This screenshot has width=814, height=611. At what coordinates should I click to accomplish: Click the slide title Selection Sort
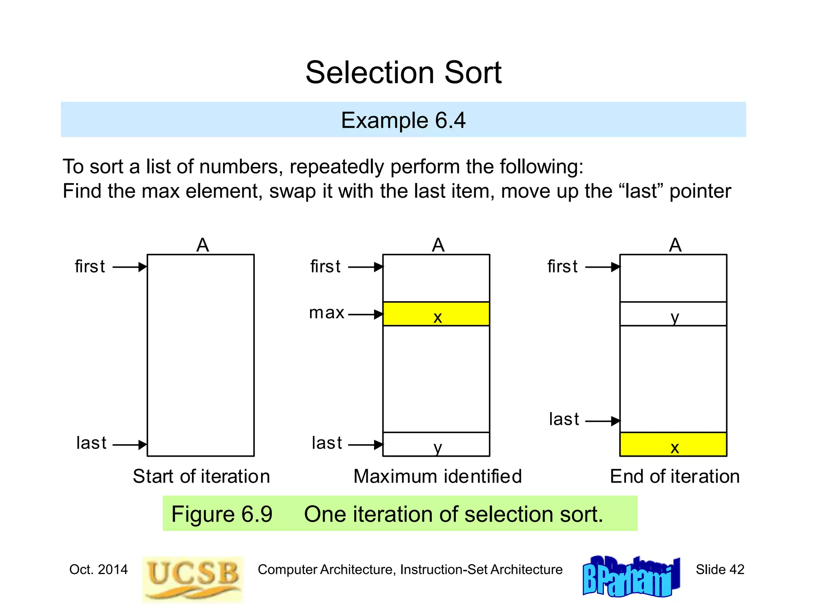(403, 73)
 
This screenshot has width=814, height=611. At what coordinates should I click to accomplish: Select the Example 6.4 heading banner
(403, 120)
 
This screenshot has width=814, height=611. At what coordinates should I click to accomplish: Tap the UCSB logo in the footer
(193, 578)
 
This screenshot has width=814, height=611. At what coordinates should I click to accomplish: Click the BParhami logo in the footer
(631, 576)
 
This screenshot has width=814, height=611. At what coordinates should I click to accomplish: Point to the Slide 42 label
(719, 570)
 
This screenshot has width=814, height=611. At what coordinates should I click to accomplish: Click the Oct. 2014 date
(99, 570)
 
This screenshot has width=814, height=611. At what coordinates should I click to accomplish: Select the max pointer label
(326, 313)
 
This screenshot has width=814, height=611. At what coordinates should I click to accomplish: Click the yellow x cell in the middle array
(436, 314)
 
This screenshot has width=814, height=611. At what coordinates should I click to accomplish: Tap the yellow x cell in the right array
(673, 444)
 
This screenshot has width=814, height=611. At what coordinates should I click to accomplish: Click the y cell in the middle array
(436, 444)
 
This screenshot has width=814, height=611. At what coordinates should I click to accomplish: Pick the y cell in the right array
(673, 314)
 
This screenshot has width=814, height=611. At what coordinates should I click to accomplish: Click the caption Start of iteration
(201, 476)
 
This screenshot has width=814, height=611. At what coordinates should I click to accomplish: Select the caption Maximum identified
(437, 476)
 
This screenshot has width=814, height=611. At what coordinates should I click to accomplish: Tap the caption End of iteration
(674, 476)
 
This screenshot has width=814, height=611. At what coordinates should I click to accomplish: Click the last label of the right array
(564, 419)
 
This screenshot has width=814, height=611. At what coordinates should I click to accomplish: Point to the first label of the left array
(90, 267)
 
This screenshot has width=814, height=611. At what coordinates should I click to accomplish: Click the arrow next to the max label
(366, 315)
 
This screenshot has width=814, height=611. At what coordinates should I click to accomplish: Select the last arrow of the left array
(130, 444)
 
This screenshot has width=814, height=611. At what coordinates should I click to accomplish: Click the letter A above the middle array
(438, 245)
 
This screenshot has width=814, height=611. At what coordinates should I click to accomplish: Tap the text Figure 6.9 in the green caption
(222, 514)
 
